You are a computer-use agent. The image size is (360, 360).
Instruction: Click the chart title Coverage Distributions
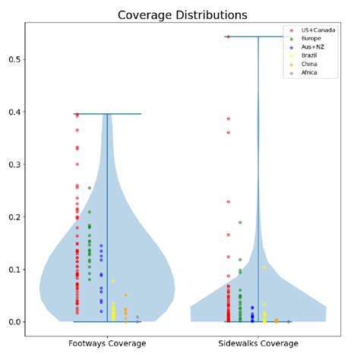(x=182, y=15)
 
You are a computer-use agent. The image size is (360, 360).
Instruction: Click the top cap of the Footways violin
(x=107, y=114)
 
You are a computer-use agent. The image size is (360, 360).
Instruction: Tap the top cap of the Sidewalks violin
(x=258, y=36)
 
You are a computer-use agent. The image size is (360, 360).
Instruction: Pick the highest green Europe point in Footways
(x=89, y=188)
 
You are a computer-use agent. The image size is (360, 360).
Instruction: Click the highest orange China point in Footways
(x=125, y=295)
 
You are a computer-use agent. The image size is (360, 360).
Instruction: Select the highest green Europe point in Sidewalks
(x=240, y=223)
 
